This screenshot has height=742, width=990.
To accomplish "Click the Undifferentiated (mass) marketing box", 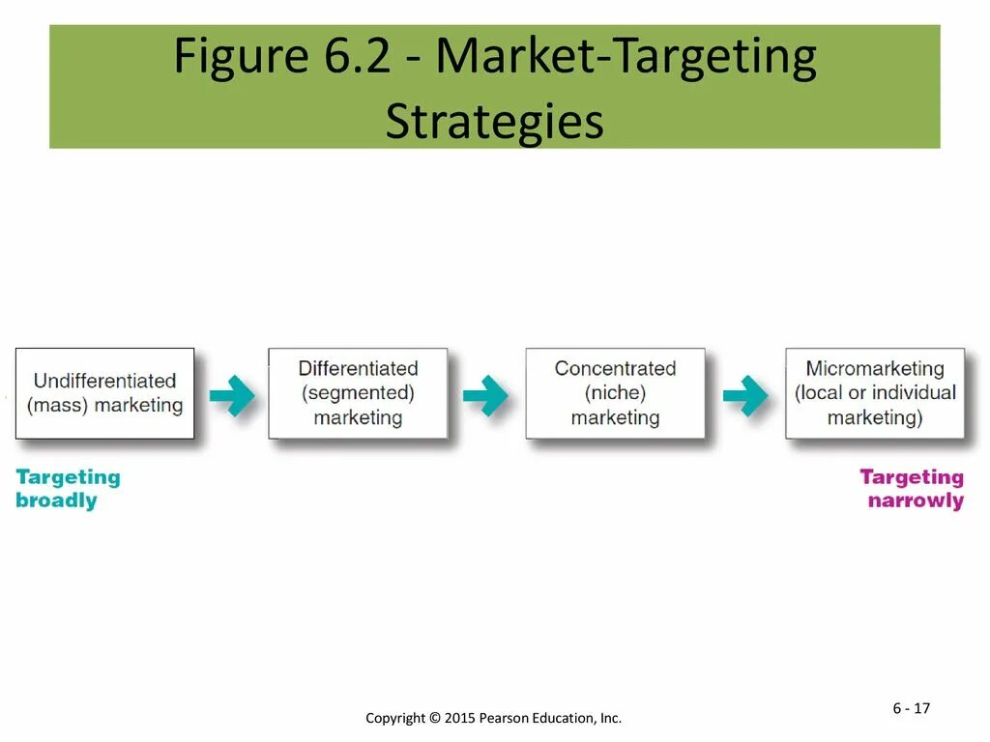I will (104, 393).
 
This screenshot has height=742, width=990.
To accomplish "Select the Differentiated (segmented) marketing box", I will (358, 393).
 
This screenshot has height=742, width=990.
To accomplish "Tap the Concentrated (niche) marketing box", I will (615, 393).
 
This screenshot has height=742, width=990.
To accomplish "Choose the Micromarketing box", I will (875, 393).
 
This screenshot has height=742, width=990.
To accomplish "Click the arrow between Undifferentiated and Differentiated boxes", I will (231, 395).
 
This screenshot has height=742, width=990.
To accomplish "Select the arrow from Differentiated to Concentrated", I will (485, 395).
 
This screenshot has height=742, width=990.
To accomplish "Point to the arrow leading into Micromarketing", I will (745, 395).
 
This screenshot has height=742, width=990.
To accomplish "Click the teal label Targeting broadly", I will (68, 489).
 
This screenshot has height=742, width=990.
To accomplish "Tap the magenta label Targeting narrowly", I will (912, 489).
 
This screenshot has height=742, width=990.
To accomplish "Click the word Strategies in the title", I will (494, 123).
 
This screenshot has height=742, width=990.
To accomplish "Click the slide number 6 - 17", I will (911, 708).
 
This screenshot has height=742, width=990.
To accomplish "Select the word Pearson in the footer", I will (505, 718).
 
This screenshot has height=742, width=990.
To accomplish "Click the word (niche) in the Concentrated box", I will (615, 393).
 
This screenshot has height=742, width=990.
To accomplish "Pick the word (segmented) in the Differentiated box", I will (358, 393).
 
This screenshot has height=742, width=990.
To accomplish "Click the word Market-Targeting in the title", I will (626, 58).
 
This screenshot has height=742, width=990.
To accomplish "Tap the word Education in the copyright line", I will (565, 718).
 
